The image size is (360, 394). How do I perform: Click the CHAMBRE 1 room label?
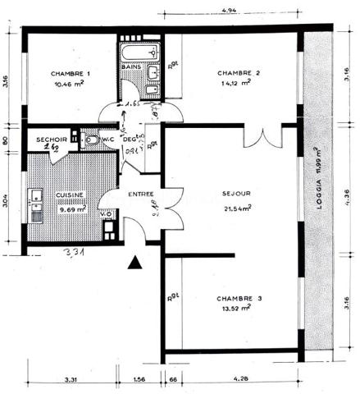[x=70, y=73]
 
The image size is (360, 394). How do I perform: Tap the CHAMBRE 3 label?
[x=239, y=298]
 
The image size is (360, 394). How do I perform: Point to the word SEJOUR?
[x=235, y=195]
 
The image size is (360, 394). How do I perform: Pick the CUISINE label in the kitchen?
[x=70, y=195]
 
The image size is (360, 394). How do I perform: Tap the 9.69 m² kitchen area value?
[x=71, y=208]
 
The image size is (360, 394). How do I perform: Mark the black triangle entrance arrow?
[x=135, y=263]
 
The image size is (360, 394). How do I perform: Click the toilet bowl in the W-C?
[x=93, y=142]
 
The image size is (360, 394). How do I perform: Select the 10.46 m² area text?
[x=71, y=84]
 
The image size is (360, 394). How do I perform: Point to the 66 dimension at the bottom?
[x=174, y=379]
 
